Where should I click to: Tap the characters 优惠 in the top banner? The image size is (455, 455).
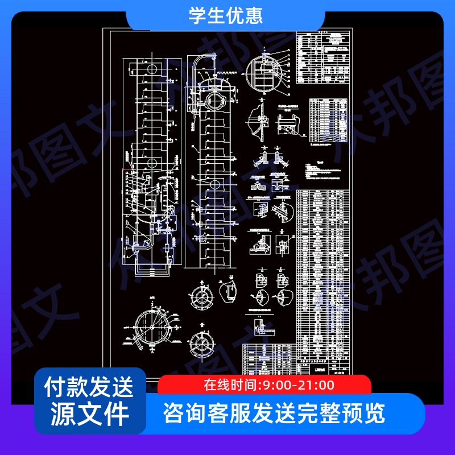246,16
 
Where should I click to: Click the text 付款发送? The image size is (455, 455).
90,387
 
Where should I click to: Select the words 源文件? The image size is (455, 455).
90,413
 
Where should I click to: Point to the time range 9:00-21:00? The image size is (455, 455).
296,385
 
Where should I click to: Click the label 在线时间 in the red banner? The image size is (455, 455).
231,385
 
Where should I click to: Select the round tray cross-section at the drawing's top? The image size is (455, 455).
266,73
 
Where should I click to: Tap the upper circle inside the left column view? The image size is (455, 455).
152,68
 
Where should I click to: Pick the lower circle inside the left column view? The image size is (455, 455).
152,163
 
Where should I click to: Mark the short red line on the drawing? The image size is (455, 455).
127,169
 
